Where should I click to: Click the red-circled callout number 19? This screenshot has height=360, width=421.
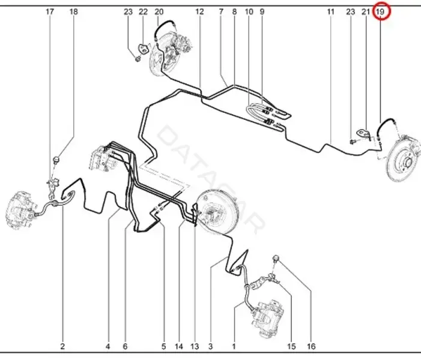tap(380, 12)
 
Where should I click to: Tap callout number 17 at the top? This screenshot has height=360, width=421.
tap(50, 12)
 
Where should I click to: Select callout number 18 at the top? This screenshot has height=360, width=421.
tap(73, 12)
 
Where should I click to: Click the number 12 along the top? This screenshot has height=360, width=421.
tap(199, 12)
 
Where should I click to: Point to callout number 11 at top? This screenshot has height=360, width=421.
tap(330, 12)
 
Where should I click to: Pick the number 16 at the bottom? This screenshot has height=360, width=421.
tap(311, 347)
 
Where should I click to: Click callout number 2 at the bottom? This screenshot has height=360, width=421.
tap(62, 347)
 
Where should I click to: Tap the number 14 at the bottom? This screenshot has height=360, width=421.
tap(178, 347)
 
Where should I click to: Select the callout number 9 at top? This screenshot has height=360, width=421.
tap(262, 12)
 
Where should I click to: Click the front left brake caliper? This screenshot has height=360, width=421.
tap(20, 210)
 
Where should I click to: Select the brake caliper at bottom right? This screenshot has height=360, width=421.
tap(267, 319)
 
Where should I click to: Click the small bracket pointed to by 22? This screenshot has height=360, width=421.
tap(144, 49)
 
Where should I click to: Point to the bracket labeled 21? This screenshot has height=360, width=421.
tap(363, 134)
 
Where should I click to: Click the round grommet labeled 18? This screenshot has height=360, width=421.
tap(56, 160)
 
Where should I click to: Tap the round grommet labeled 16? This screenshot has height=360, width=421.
tap(276, 259)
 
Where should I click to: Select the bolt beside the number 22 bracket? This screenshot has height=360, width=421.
tap(138, 58)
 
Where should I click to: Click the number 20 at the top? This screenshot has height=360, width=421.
tap(159, 12)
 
